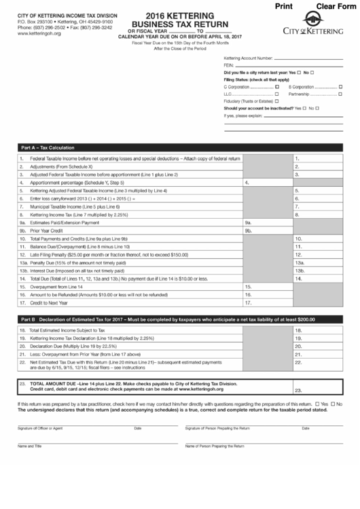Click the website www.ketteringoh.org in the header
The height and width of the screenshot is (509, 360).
[x=35, y=33]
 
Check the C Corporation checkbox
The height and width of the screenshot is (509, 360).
[x=277, y=87]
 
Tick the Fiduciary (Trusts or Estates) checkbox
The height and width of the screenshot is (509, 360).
[x=276, y=101]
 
